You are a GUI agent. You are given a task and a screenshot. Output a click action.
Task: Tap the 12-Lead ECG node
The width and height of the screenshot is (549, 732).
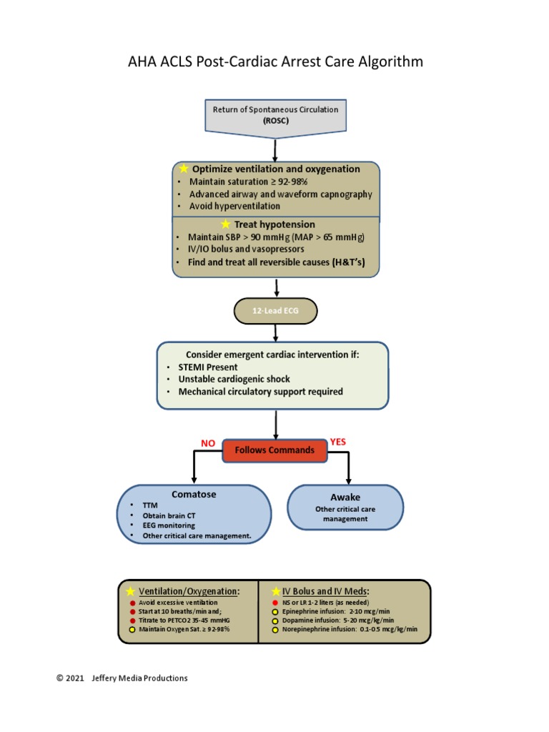coord(275,311)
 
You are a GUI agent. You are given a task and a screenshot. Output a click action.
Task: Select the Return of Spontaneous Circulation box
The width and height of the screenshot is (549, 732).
coord(275,114)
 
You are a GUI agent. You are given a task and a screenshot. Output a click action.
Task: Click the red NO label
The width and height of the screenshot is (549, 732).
coord(208,443)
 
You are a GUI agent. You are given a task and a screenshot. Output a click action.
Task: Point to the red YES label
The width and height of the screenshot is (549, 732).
coord(338,442)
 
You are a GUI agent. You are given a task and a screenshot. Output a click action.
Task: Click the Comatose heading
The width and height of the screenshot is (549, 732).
coord(194,494)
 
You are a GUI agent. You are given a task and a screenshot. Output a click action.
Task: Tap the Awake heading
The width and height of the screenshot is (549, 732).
coord(345,497)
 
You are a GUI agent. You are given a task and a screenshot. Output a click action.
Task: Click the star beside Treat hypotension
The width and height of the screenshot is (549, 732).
coord(226,224)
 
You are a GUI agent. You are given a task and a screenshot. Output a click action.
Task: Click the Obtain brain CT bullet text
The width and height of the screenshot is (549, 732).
coord(167,515)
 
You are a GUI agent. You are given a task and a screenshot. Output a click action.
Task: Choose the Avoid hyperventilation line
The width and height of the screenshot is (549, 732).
coord(234,206)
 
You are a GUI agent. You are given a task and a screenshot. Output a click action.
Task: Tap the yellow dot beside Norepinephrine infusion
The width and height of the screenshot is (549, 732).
coord(274,630)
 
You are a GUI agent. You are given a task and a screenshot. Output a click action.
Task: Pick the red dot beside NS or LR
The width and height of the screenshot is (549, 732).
coord(274,603)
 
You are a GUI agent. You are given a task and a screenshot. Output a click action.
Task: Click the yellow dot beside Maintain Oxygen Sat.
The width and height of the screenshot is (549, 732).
coord(132,630)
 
